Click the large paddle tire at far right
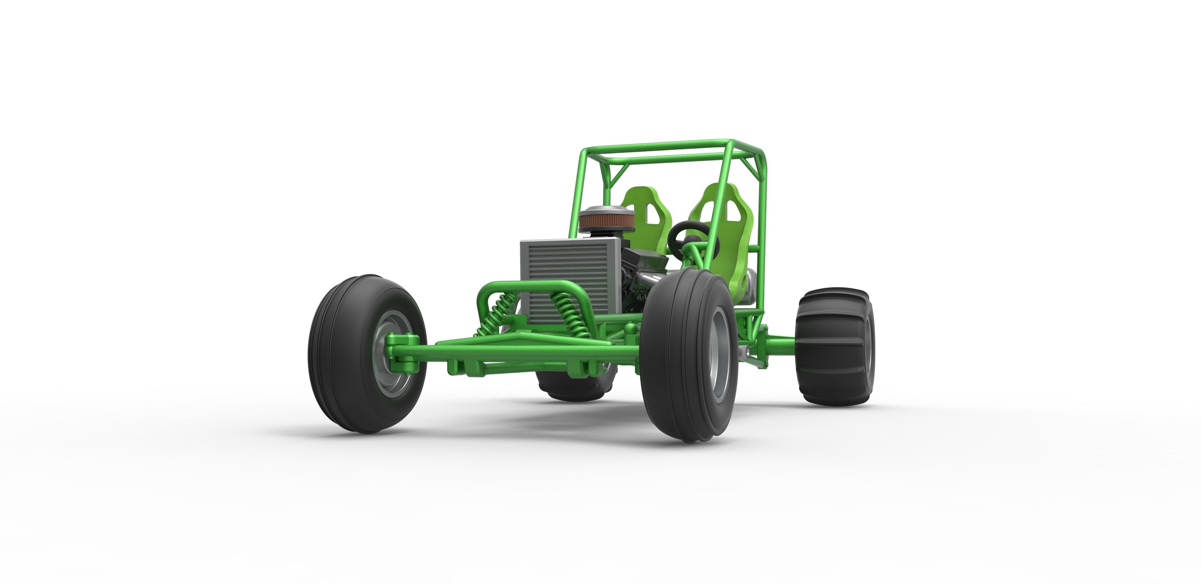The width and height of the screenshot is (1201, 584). (x=835, y=345)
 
